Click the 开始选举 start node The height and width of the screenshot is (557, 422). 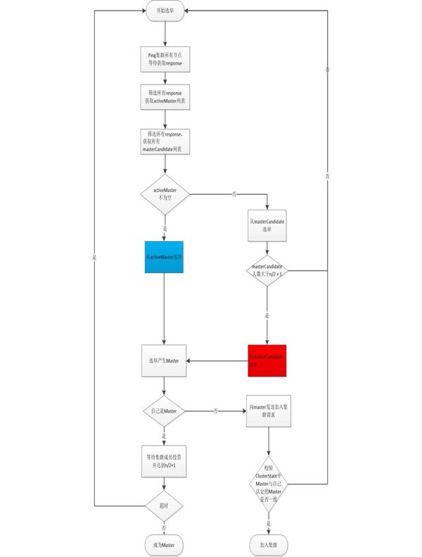[165, 11]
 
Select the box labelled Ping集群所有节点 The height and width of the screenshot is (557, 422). [165, 59]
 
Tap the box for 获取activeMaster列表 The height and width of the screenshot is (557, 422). [165, 98]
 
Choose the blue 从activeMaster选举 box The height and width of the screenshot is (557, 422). [165, 257]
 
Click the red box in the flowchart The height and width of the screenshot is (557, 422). [268, 361]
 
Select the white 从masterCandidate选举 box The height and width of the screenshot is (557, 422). [268, 226]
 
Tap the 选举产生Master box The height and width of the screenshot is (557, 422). [165, 361]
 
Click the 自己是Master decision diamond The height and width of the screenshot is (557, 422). [165, 410]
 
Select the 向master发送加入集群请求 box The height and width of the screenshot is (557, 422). [268, 411]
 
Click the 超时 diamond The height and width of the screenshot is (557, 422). [165, 504]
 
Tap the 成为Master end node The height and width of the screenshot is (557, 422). [165, 544]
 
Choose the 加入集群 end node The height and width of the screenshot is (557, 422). [268, 544]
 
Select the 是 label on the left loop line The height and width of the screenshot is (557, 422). [94, 258]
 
